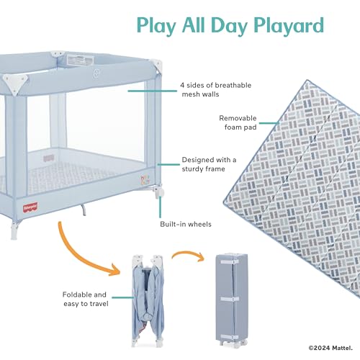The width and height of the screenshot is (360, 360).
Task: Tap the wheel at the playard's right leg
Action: click(x=158, y=193)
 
